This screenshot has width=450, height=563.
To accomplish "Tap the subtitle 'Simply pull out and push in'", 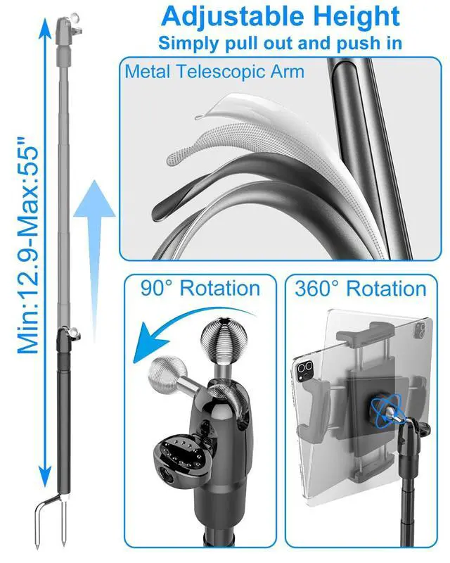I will pos(280,42).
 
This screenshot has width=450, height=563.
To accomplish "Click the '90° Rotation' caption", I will pos(200,289).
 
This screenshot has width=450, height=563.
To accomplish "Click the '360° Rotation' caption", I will pos(361,289).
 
